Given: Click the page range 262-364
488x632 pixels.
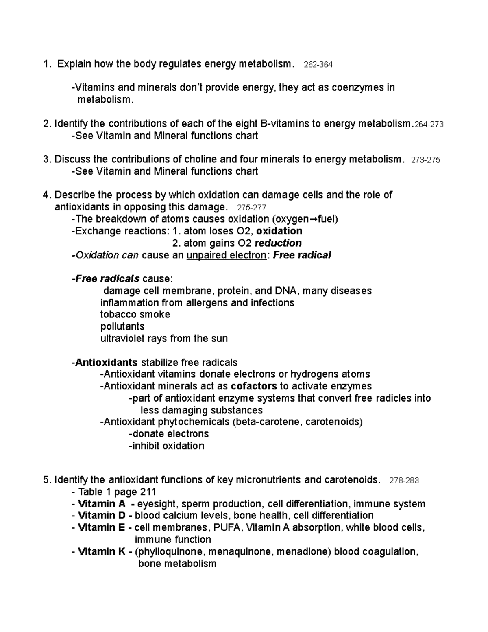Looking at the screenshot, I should (318, 65).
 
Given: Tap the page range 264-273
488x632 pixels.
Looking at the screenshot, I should (428, 125).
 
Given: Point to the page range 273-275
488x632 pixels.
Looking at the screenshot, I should (425, 160).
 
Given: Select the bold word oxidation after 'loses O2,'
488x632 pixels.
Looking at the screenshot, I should (280, 231).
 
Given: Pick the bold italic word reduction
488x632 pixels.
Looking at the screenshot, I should (278, 243).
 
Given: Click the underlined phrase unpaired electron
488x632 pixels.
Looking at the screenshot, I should (226, 256).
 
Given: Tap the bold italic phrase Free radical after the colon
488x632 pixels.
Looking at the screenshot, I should (302, 256).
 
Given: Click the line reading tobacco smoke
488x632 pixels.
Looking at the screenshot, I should (135, 315).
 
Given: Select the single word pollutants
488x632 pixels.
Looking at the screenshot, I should (122, 326).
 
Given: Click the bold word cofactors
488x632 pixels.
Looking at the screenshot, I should (254, 386).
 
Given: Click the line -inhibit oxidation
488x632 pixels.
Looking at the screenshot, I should (166, 446).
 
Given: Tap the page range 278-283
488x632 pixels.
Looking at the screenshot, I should (404, 481).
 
